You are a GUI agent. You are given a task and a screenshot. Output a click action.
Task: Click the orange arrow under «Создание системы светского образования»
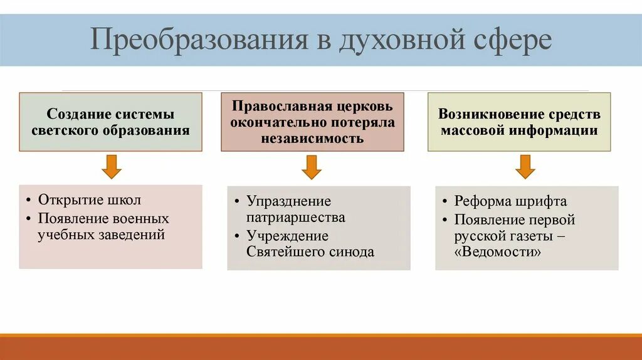[x=111, y=166]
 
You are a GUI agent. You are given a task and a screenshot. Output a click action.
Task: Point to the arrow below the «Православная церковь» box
[x=312, y=167]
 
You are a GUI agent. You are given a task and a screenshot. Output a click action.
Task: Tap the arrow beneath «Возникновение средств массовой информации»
[x=525, y=166]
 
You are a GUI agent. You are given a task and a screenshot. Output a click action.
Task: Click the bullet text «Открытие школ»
[x=90, y=200]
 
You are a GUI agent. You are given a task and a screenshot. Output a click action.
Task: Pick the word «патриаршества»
[x=296, y=218]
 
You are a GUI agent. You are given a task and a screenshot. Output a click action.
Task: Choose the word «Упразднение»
[x=288, y=201]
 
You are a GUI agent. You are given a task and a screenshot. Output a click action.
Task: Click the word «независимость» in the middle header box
[x=312, y=139]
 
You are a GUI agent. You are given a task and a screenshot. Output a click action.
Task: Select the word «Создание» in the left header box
[x=78, y=115]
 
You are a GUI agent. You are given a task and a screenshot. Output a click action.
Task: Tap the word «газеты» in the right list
[x=530, y=236]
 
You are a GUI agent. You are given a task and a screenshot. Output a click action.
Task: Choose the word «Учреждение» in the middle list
[x=287, y=236]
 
